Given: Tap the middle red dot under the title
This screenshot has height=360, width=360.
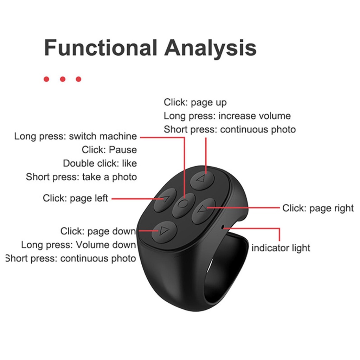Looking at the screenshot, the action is click(x=63, y=79).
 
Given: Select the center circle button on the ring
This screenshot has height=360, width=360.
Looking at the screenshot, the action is click(x=184, y=205).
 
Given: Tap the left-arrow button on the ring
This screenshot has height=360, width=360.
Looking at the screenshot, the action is click(x=165, y=200).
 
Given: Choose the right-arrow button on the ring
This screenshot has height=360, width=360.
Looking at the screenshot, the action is click(x=203, y=211).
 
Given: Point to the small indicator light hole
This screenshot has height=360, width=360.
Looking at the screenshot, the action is click(x=223, y=227).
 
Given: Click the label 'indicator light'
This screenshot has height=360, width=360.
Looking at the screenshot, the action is click(x=281, y=248).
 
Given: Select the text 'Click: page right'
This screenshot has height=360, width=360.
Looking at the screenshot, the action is click(x=318, y=208).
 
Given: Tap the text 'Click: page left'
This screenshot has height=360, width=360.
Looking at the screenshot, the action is click(x=75, y=198).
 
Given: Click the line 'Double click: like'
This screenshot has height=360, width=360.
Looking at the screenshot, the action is click(x=100, y=163).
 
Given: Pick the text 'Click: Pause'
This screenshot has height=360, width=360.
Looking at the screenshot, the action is click(x=109, y=150).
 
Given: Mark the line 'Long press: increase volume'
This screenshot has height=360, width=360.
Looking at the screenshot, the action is click(x=227, y=116).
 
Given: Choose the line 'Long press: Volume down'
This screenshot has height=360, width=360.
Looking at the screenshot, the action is click(x=78, y=245).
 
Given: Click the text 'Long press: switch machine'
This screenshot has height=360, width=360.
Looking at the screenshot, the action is click(x=76, y=136).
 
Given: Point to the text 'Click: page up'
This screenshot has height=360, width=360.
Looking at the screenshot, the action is click(x=195, y=102).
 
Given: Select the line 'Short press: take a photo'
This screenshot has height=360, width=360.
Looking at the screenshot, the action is click(x=81, y=177).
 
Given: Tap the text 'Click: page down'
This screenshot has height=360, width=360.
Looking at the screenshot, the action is click(x=98, y=231).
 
